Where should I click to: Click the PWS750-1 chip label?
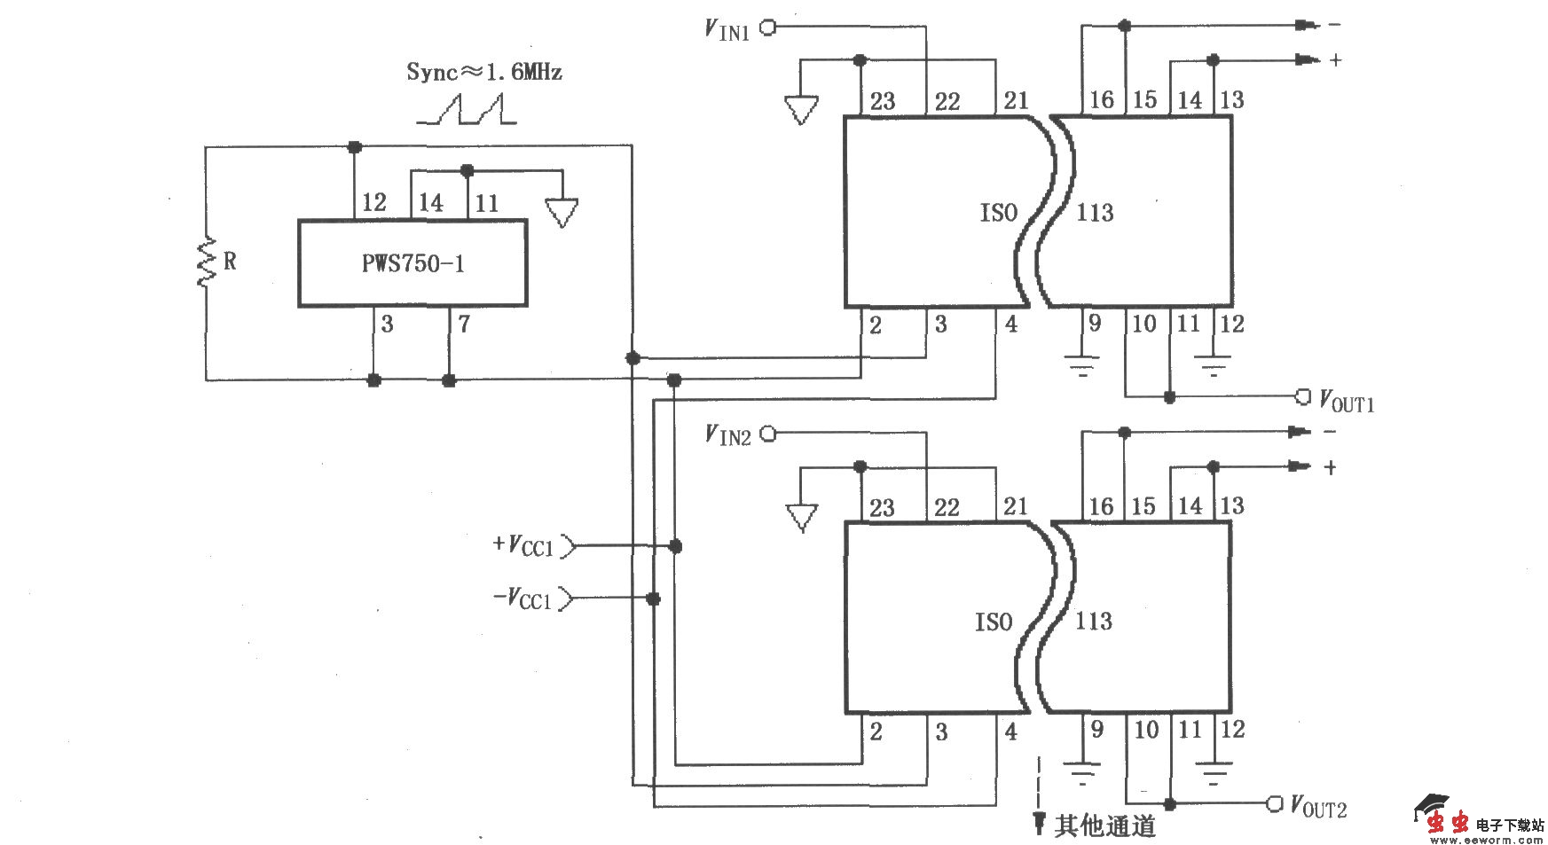coord(413,263)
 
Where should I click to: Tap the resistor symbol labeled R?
coord(207,262)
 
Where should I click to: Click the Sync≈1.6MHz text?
coord(484,72)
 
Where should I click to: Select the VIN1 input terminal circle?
coord(768,27)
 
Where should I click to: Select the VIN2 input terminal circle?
coord(768,434)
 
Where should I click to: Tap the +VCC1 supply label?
coord(523,544)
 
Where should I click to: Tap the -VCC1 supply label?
coord(523,599)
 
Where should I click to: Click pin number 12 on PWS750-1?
coord(373,202)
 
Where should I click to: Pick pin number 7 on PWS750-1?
coord(464,324)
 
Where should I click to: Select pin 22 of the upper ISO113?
coord(947,101)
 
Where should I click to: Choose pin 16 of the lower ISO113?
coord(1100,506)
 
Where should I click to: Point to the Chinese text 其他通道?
coord(1104,825)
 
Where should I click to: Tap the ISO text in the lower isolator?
coord(994,622)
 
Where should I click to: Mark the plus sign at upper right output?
coord(1336,60)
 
